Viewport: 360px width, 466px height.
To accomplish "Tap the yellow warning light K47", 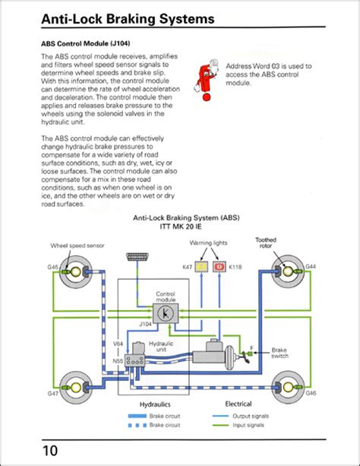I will [x=201, y=267].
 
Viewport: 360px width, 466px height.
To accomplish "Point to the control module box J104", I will [x=167, y=312].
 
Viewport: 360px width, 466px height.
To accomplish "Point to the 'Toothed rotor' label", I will [x=266, y=243].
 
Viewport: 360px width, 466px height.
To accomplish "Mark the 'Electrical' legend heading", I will [x=238, y=404].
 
